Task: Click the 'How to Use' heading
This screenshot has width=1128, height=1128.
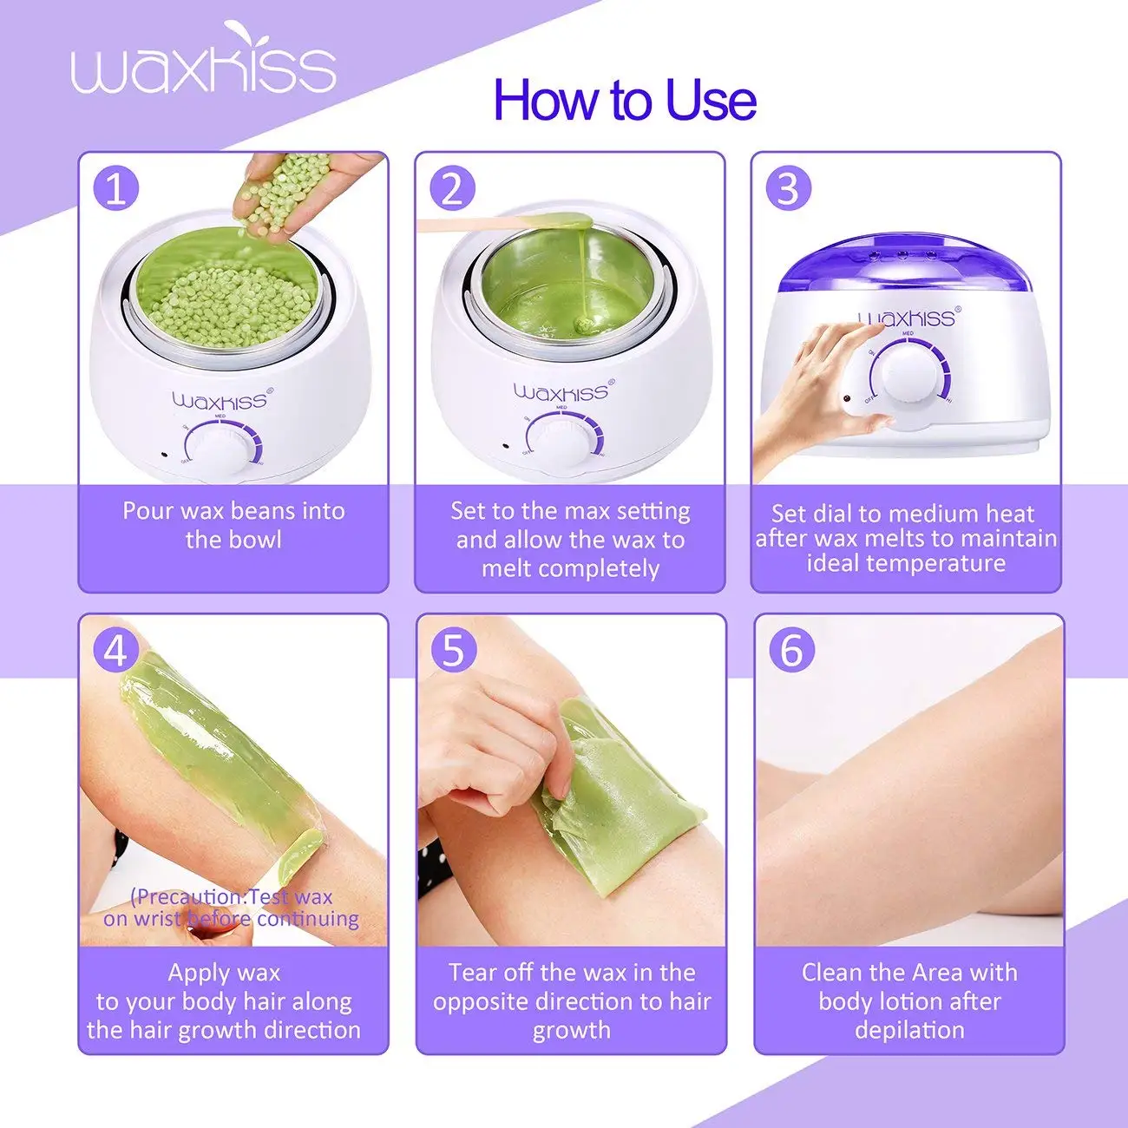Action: [624, 100]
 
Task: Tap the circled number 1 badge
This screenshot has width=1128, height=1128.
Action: [115, 187]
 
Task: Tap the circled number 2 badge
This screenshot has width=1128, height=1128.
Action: [452, 187]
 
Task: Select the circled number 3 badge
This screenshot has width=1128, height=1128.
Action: [788, 187]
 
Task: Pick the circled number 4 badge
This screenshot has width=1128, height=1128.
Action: [115, 649]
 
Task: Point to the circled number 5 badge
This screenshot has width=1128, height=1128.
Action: [453, 649]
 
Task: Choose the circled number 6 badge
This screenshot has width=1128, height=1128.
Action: [791, 649]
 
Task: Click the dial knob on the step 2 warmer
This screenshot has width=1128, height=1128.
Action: [562, 441]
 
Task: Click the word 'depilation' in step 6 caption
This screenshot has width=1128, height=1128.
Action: [908, 1030]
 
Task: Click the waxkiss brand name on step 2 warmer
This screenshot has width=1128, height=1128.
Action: [561, 392]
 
